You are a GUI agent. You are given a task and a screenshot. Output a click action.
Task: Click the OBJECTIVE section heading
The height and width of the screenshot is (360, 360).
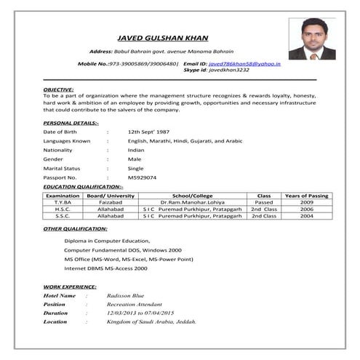click(x=58, y=89)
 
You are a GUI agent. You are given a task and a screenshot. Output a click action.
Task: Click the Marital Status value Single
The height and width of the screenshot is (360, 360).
click(x=135, y=168)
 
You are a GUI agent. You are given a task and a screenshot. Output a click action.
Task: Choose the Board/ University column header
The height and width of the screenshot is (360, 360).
click(x=111, y=196)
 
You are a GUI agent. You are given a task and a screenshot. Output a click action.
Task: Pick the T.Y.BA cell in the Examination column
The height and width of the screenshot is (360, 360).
click(x=63, y=203)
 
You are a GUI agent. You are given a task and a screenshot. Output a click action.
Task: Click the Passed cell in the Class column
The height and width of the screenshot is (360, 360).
click(x=263, y=203)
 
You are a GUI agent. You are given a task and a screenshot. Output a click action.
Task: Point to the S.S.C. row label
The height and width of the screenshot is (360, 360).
click(x=63, y=216)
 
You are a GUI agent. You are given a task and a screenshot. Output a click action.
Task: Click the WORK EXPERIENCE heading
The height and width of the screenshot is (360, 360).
click(x=70, y=287)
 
